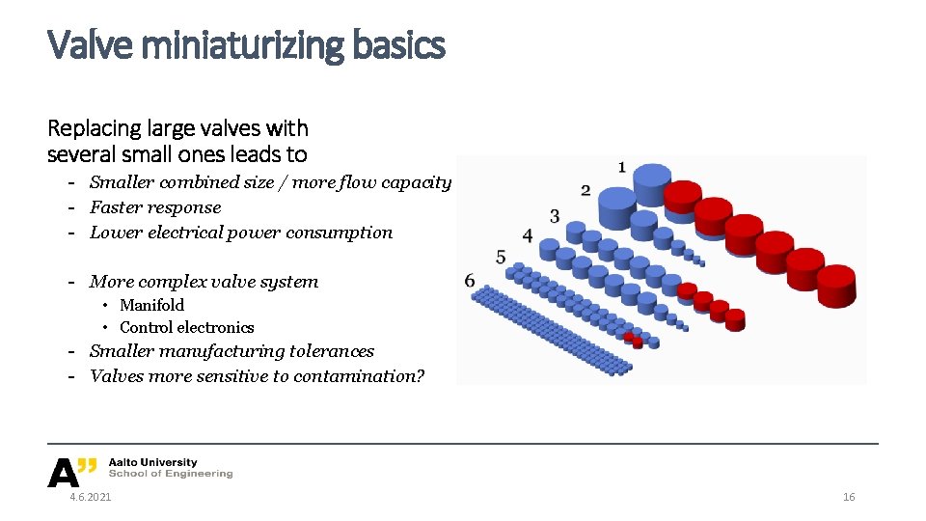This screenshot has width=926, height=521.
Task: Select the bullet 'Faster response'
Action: pyautogui.click(x=155, y=207)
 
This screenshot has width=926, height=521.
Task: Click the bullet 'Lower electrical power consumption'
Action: pyautogui.click(x=241, y=233)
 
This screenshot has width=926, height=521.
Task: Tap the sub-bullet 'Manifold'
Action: pyautogui.click(x=151, y=305)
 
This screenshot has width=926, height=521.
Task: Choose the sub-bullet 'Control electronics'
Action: pyautogui.click(x=186, y=328)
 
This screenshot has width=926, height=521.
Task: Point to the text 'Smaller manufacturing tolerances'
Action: pyautogui.click(x=231, y=351)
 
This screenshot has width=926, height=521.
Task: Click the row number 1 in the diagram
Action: pyautogui.click(x=621, y=167)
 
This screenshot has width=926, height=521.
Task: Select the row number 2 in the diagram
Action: pyautogui.click(x=586, y=190)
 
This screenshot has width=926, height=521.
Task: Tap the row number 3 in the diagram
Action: pyautogui.click(x=555, y=215)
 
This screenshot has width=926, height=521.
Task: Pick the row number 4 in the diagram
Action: pyautogui.click(x=528, y=235)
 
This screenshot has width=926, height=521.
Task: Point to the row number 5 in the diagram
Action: pyautogui.click(x=501, y=257)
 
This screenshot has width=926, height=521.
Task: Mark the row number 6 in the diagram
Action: pyautogui.click(x=470, y=281)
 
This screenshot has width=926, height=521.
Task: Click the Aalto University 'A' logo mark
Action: pyautogui.click(x=64, y=472)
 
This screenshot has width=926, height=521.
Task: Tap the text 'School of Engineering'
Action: pyautogui.click(x=171, y=474)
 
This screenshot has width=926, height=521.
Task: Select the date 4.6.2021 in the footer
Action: pyautogui.click(x=90, y=497)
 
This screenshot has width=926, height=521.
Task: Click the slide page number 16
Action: pyautogui.click(x=849, y=497)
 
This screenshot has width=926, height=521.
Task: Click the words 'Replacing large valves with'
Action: pyautogui.click(x=177, y=128)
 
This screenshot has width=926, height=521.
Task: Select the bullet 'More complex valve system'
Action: pyautogui.click(x=204, y=282)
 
